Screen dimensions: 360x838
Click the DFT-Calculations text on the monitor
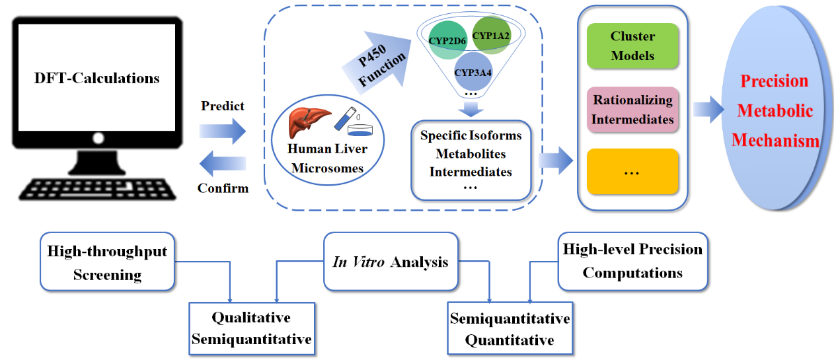pos(97,78)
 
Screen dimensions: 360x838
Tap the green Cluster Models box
pos(632,46)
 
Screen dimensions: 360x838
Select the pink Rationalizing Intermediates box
pos(632,110)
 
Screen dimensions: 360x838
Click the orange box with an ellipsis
pos(632,171)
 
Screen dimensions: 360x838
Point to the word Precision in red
pos(774,81)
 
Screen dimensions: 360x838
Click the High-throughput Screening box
pos(108,261)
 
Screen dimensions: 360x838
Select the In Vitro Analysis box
pos(390,262)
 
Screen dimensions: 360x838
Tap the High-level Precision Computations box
pos(632,261)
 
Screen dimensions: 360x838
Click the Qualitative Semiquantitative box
pos(251,328)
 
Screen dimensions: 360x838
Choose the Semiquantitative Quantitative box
pos(510,329)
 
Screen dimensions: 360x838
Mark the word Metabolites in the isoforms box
pos(471,154)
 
